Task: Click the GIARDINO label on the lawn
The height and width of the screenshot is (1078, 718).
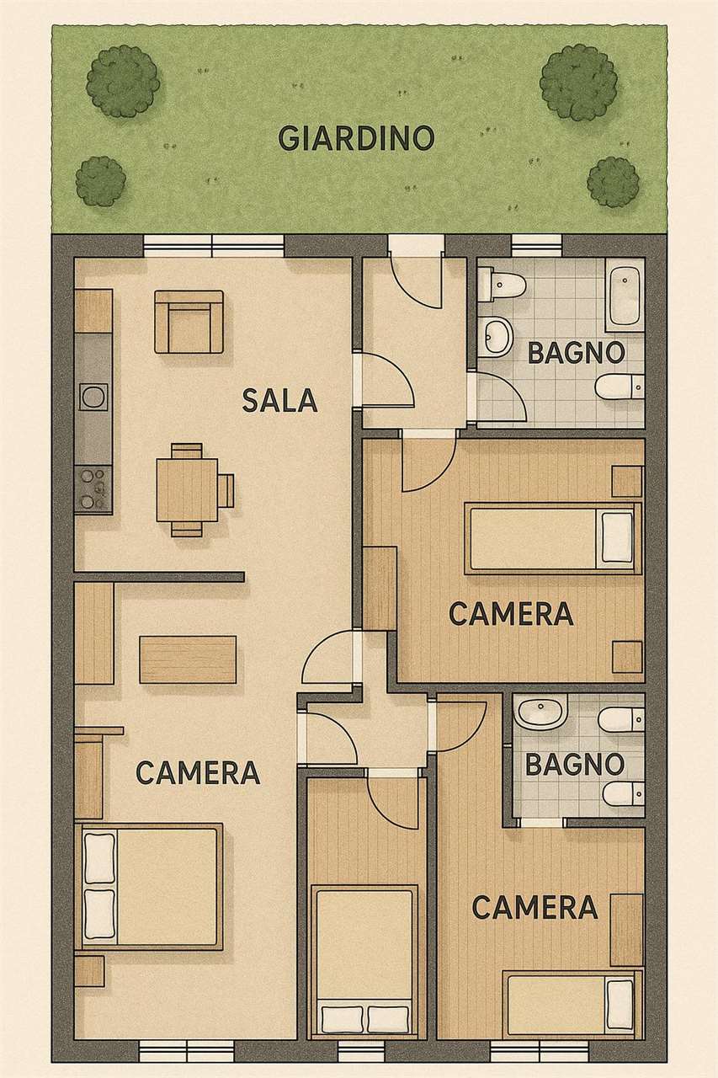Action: coord(356,138)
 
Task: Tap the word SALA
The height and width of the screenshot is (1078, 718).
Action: coord(279,400)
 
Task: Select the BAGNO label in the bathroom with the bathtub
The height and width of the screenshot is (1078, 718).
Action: coord(576,352)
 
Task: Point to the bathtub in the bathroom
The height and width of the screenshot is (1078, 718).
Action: coord(625,295)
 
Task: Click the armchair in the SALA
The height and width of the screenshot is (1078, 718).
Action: coord(189,322)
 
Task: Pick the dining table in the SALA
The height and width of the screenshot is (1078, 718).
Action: coord(187,489)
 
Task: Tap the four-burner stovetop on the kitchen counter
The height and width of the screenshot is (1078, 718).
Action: coord(93,488)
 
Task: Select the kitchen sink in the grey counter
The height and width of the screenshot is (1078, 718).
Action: coord(93,397)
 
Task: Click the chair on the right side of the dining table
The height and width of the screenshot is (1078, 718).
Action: coord(226,490)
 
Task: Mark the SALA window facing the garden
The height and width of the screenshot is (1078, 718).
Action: coord(214,244)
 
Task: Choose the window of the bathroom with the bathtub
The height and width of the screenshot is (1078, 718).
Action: coord(537,244)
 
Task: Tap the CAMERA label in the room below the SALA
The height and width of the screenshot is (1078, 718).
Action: coord(198,772)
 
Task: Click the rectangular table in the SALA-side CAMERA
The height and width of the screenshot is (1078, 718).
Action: coord(188,659)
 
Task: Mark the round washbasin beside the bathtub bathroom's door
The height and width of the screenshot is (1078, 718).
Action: coord(494,335)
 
